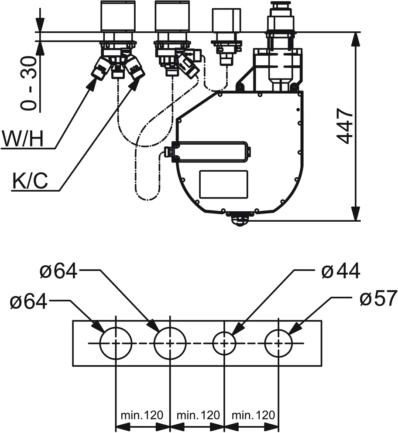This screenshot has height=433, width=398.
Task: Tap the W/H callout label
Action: [x=23, y=139]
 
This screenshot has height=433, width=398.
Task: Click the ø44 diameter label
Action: [x=340, y=271]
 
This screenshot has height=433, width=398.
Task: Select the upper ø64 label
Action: [x=58, y=271]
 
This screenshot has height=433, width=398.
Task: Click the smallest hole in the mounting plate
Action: [x=224, y=343]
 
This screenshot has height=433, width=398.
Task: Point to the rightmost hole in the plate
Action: [x=278, y=343]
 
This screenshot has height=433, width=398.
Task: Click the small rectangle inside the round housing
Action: [x=223, y=184]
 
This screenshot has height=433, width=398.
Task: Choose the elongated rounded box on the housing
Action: [x=212, y=151]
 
